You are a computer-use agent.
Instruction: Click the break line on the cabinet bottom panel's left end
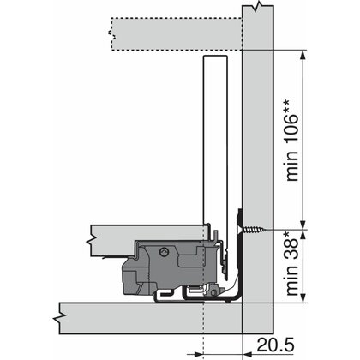coord(58,315)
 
